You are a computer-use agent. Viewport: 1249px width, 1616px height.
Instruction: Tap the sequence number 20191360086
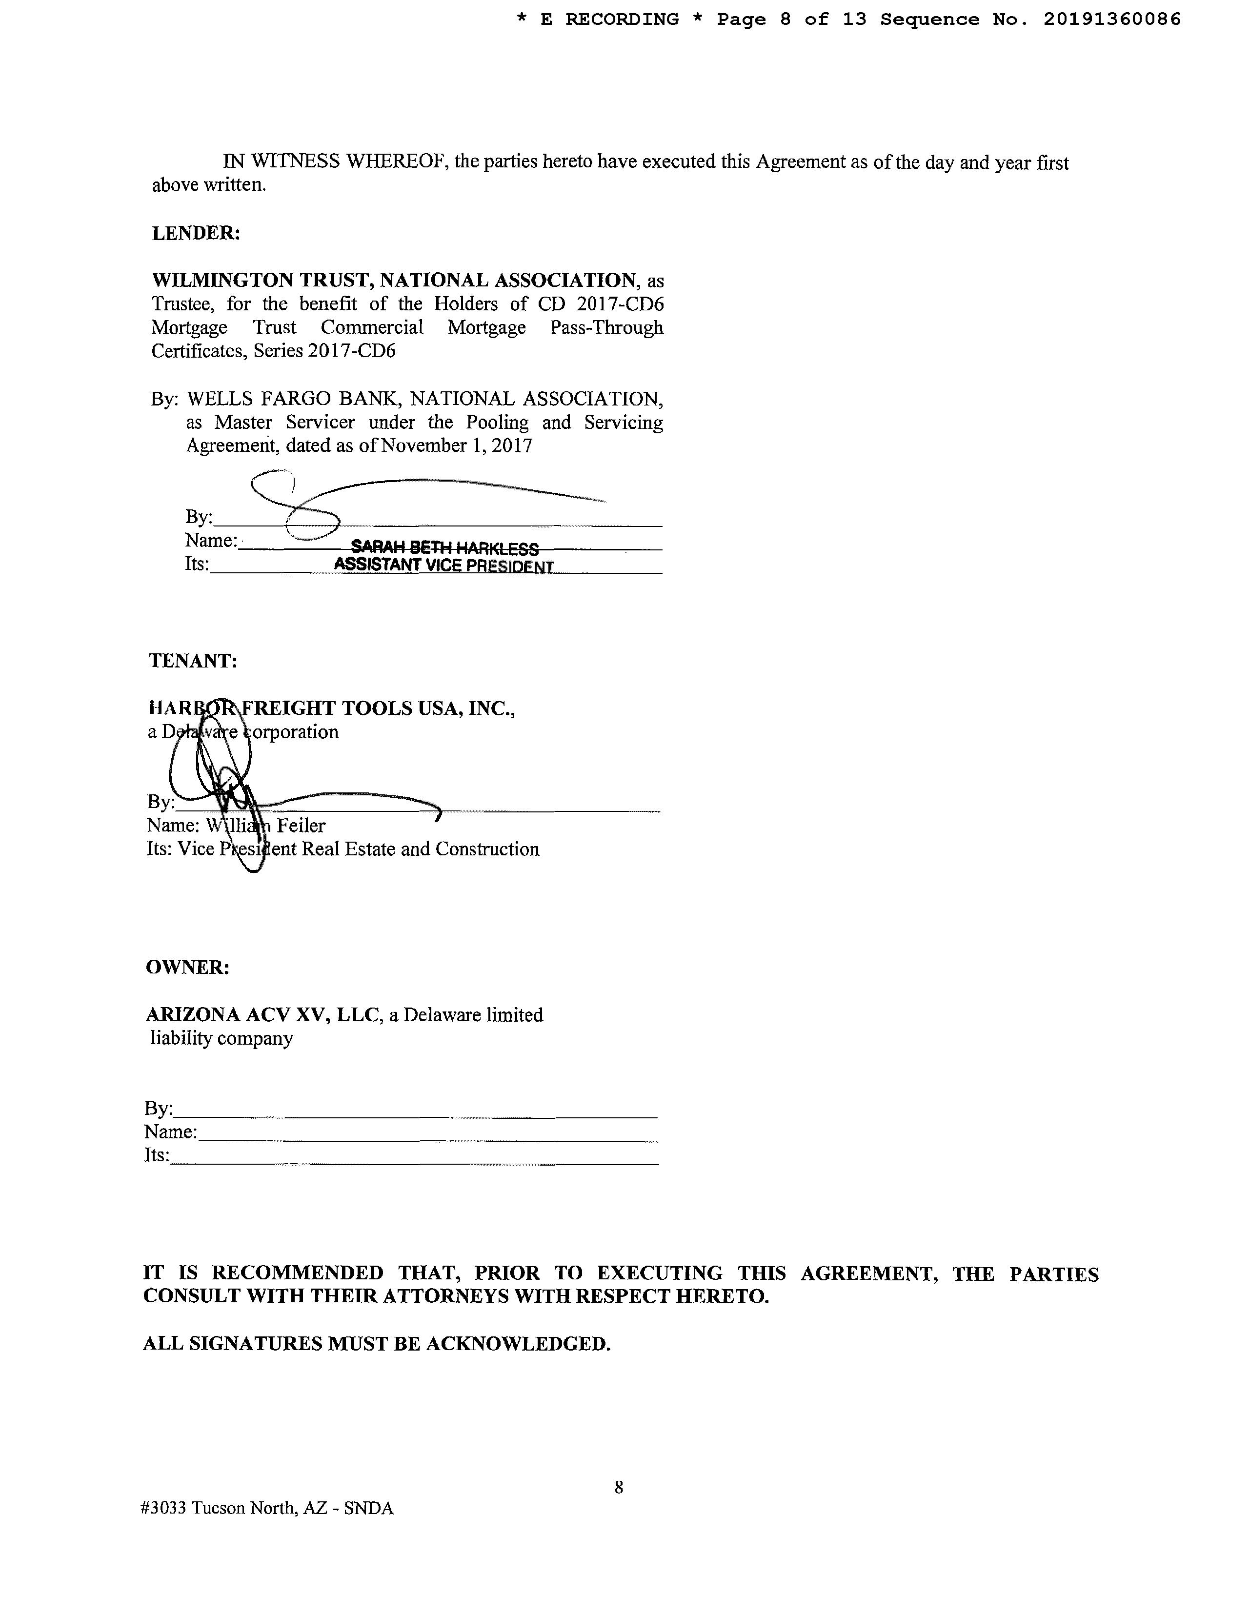click(1111, 20)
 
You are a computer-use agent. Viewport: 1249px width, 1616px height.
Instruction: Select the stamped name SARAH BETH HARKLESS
click(444, 548)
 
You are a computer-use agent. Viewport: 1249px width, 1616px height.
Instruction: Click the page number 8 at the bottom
click(619, 1487)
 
